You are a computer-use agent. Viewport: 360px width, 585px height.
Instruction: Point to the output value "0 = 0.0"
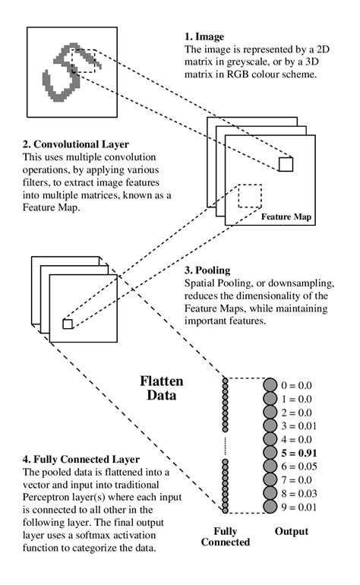299,385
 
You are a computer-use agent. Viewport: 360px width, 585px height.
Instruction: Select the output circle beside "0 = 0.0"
270,385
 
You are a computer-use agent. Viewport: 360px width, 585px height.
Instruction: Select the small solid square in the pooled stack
67,324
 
